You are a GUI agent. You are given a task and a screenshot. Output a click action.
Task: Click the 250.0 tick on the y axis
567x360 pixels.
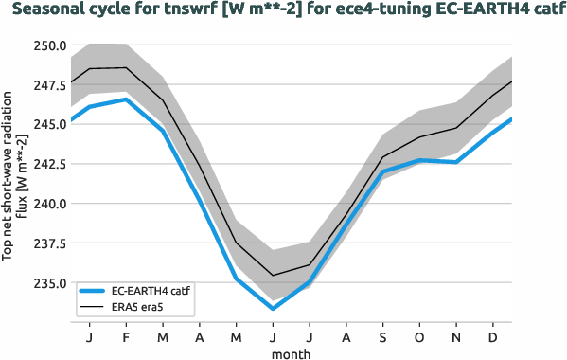[47, 45]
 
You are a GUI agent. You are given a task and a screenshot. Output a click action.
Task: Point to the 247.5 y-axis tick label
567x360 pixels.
[47, 85]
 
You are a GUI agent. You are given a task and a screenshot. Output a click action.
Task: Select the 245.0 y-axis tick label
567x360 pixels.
[47, 124]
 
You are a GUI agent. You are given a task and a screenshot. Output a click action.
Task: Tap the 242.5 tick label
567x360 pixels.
[47, 164]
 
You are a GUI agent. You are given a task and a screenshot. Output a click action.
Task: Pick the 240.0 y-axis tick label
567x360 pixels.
[47, 204]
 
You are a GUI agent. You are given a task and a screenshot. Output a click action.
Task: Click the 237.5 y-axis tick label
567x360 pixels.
[47, 243]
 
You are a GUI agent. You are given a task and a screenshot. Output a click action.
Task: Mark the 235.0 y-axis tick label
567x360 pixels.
[47, 283]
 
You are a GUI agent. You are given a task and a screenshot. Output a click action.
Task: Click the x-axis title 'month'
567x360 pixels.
[292, 352]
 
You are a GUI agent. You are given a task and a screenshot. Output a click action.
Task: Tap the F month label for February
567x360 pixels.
[126, 336]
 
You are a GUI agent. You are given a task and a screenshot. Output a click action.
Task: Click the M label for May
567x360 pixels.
[236, 336]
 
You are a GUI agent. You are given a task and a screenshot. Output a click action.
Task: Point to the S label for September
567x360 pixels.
[382, 336]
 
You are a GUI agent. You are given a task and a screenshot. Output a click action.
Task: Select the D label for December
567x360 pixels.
[493, 336]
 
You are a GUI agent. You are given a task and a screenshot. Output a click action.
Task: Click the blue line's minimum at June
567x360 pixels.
[273, 309]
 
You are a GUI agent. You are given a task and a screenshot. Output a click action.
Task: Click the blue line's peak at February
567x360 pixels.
[126, 99]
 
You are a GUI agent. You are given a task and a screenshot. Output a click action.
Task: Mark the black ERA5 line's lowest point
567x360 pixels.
[273, 276]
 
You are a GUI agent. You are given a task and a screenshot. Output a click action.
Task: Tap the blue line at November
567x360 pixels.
[456, 162]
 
